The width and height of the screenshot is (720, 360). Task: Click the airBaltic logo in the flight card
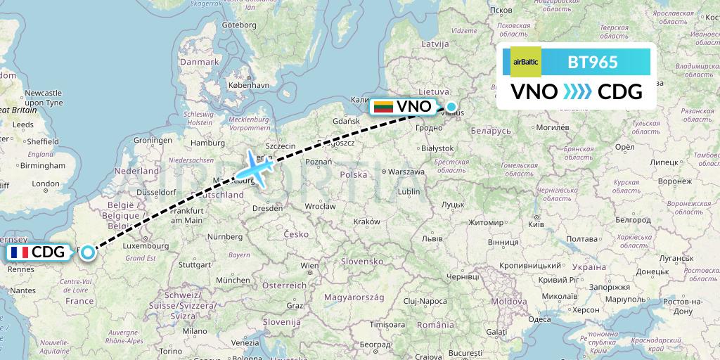point(525,63)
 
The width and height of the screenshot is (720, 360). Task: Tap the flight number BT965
point(593,63)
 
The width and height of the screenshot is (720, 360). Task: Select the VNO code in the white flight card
point(534,91)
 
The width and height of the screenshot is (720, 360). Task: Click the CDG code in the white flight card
point(619,91)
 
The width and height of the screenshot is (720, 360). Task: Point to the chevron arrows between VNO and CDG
point(577,92)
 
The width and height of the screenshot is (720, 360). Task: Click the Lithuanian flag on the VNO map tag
point(382,107)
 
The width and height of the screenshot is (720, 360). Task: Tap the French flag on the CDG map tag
point(19,252)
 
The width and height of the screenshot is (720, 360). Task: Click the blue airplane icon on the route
point(256,169)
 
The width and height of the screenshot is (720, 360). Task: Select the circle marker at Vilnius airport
point(451,108)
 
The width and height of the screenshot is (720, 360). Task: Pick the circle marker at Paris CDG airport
point(87,252)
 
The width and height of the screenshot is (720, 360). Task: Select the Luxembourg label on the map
point(146,246)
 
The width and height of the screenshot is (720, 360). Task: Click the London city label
point(46,184)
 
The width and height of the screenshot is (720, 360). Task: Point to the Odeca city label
point(539,319)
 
